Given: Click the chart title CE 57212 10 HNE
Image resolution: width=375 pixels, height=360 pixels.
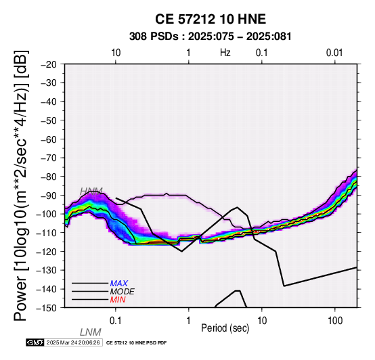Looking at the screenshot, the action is (x=211, y=19).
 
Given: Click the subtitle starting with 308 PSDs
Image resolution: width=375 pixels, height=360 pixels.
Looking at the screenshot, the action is (x=211, y=37).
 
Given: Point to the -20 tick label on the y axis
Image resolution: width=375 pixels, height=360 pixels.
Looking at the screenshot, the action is (x=49, y=64).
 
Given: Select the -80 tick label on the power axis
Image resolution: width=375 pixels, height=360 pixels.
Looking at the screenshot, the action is (x=49, y=177).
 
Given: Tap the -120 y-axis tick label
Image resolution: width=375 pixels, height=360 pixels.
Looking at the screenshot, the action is (x=47, y=252).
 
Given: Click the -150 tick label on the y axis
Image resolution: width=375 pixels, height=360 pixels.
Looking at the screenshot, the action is (x=47, y=308).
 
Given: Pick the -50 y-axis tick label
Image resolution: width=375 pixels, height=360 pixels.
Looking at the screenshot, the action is (x=49, y=120).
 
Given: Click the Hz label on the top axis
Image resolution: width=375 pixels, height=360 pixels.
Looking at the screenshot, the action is (x=225, y=53).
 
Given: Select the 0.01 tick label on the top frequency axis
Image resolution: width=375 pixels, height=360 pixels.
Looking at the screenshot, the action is (x=334, y=53).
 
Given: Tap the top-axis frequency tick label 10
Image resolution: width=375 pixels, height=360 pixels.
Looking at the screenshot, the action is (x=116, y=53).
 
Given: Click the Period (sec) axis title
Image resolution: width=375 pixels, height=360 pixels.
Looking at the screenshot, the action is (x=225, y=328).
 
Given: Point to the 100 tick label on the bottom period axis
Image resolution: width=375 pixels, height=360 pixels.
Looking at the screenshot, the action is (x=335, y=321).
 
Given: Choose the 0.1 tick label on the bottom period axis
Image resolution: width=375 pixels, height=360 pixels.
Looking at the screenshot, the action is (x=115, y=321).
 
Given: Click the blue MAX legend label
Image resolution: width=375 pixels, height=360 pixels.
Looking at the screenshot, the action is (x=119, y=284).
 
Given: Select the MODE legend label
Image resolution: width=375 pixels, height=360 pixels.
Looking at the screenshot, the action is (x=123, y=292).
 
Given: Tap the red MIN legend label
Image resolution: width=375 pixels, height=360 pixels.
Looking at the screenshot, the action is (x=118, y=300).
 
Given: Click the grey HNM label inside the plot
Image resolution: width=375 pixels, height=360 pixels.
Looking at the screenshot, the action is (x=91, y=192).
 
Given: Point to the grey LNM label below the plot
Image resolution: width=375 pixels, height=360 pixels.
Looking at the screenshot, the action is (x=91, y=332).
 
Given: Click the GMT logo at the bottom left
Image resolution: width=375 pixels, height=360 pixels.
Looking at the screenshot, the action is (x=35, y=342).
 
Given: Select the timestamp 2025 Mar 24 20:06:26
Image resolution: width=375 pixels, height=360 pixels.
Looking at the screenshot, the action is (x=73, y=342).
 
